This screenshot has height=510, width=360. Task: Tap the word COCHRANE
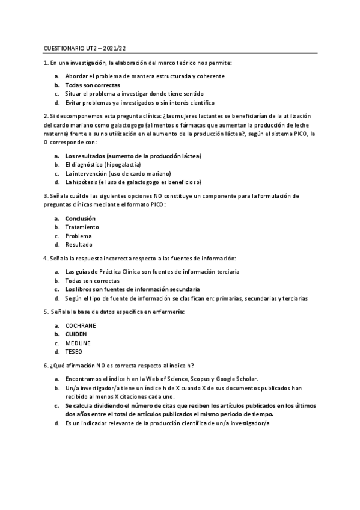pyautogui.click(x=81, y=325)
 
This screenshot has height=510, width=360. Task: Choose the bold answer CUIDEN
pyautogui.click(x=76, y=334)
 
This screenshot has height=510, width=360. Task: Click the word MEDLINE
pyautogui.click(x=78, y=343)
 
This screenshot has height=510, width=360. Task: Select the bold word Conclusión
pyautogui.click(x=80, y=218)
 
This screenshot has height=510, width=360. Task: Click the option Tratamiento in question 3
pyautogui.click(x=82, y=227)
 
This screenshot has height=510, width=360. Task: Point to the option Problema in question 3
pyautogui.click(x=78, y=236)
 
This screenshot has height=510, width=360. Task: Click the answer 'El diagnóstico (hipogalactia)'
pyautogui.click(x=103, y=165)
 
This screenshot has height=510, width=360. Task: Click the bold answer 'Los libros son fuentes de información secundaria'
pyautogui.click(x=132, y=289)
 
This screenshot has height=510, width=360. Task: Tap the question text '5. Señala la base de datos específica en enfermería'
pyautogui.click(x=114, y=312)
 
